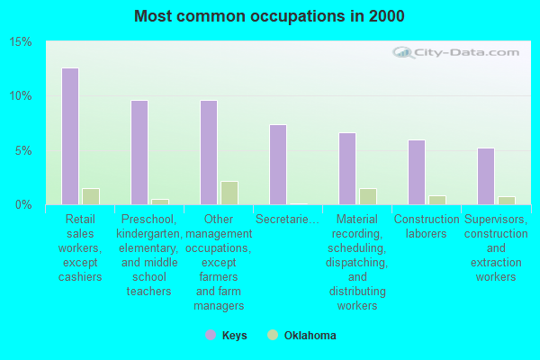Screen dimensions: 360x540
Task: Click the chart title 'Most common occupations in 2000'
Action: (x=269, y=16)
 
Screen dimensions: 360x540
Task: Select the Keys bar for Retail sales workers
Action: (x=70, y=136)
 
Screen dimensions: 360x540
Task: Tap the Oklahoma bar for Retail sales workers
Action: (x=90, y=196)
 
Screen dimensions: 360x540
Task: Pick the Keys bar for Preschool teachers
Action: (x=139, y=152)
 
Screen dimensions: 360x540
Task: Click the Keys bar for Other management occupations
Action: (x=209, y=152)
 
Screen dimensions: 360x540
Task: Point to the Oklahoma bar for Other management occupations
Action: (x=229, y=193)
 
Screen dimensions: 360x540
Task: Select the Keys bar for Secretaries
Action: (x=278, y=165)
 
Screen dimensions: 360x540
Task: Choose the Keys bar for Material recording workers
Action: (x=347, y=168)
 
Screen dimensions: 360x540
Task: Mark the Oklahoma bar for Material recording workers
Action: (x=367, y=196)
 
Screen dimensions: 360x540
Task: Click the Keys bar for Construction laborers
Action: (x=417, y=172)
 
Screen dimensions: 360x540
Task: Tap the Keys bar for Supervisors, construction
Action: (x=486, y=176)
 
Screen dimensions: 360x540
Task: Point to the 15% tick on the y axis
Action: (x=21, y=42)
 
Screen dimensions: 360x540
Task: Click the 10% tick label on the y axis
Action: (x=21, y=96)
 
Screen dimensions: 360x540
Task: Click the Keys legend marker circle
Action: (x=210, y=336)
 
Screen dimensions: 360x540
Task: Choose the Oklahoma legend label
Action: (x=310, y=336)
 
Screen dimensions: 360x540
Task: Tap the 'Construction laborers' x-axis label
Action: (x=427, y=226)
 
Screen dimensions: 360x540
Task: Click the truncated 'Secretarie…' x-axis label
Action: (x=287, y=219)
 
